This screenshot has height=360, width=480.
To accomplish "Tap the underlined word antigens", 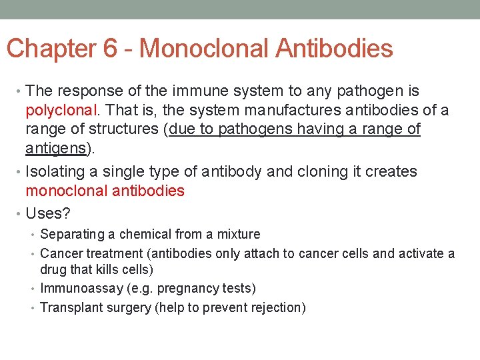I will [55, 148].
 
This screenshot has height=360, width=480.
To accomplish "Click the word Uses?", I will [48, 214].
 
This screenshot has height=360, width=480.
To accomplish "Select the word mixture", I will [238, 235].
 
